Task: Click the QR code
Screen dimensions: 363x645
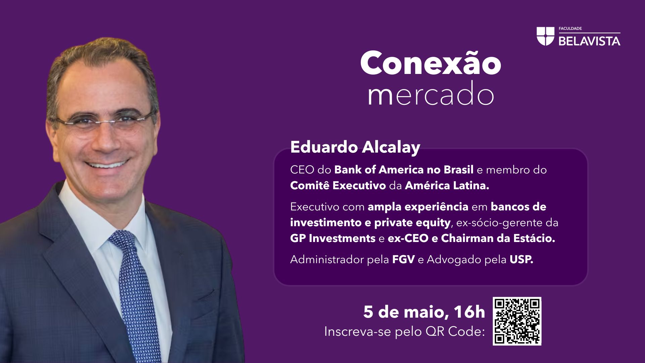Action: pos(517,321)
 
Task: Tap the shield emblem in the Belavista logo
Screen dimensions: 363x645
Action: pos(545,36)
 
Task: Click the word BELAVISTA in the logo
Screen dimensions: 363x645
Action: pos(589,41)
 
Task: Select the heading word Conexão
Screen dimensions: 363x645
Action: pos(430,63)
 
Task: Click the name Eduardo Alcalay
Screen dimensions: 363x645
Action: pos(355,147)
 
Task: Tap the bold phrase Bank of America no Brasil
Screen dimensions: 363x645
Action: pos(403,170)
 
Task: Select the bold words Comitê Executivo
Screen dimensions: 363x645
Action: pos(338,186)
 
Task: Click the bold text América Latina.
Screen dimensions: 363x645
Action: pos(446,186)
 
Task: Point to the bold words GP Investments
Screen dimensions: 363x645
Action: pos(333,238)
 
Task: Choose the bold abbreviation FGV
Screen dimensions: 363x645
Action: pos(403,259)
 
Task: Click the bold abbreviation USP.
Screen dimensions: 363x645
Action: pos(521,259)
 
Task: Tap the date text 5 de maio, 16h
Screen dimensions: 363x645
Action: pos(424,312)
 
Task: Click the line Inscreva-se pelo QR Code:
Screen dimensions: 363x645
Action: pos(404,332)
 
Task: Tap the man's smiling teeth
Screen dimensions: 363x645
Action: pos(106,164)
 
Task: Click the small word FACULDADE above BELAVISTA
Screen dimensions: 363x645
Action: pos(570,29)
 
